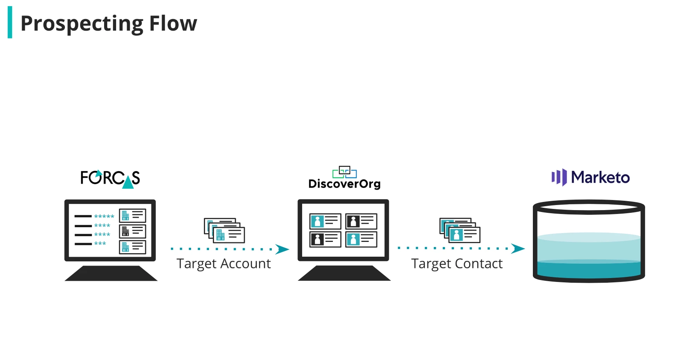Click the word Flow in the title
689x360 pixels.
[x=173, y=23]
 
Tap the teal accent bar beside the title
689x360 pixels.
[x=10, y=22]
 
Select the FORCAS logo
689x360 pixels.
[x=110, y=179]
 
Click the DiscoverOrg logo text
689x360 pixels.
[x=344, y=184]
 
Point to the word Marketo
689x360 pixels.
[x=600, y=177]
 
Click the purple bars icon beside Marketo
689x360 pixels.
[x=559, y=177]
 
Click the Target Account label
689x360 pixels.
[x=223, y=264]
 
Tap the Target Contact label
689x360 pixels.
[x=457, y=264]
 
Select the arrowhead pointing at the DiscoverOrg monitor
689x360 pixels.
[x=282, y=249]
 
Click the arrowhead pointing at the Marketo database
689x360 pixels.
[x=518, y=248]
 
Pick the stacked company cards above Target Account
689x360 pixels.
[x=224, y=230]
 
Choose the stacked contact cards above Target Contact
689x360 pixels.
[x=460, y=230]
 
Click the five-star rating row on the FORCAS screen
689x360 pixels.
[x=104, y=216]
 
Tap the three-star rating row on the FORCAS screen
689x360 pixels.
[x=100, y=243]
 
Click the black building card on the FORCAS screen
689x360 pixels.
[x=132, y=231]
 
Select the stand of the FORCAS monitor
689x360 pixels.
[x=111, y=273]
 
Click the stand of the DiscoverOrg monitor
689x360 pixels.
[x=344, y=273]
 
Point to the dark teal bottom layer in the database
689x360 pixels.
[x=589, y=270]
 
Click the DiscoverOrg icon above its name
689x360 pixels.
[x=344, y=172]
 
